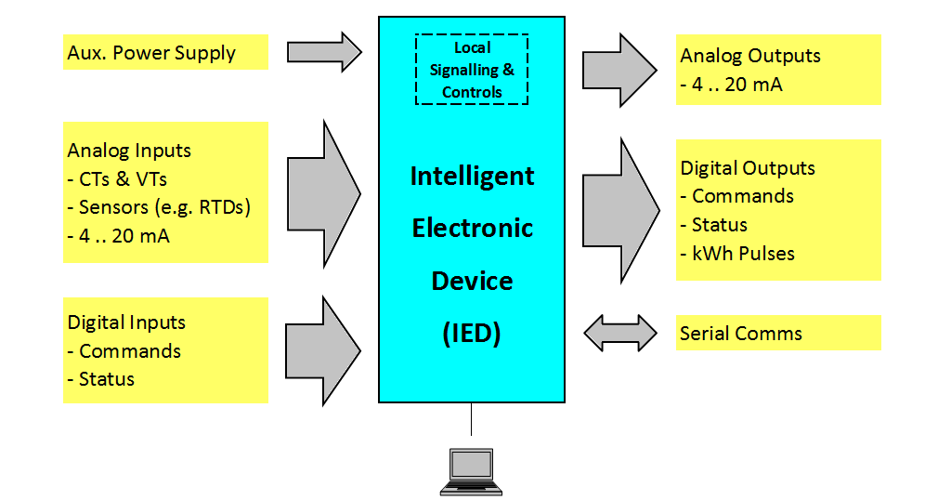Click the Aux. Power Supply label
[151, 53]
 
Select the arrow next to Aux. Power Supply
[323, 52]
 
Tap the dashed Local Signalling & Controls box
[472, 70]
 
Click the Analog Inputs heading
[129, 151]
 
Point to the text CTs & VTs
[117, 178]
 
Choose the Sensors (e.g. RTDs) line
[159, 207]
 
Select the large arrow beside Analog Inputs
[323, 192]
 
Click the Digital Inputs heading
[126, 322]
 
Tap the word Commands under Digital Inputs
[130, 351]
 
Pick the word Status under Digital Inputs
[106, 379]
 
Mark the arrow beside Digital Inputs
[323, 350]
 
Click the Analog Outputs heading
[750, 56]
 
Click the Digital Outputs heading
[748, 168]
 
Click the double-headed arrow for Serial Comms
[619, 333]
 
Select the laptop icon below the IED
[472, 470]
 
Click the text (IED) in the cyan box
[472, 333]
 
